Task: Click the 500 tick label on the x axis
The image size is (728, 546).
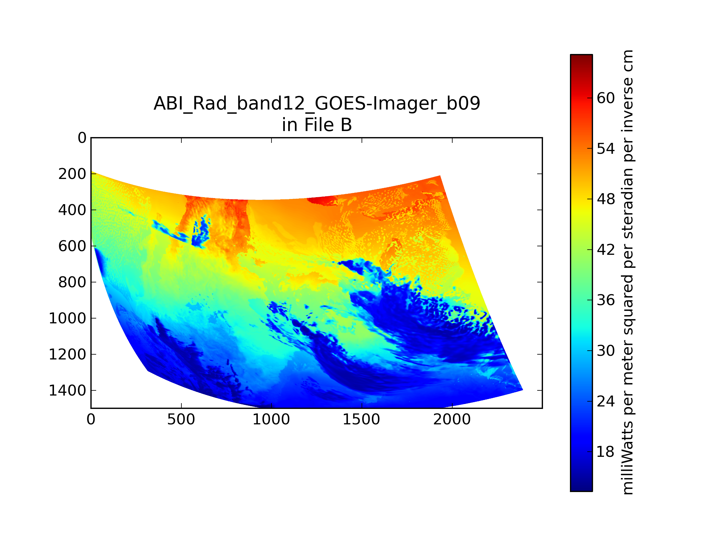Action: (181, 420)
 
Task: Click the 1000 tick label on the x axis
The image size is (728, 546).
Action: (271, 420)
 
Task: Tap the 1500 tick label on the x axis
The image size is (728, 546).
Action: (361, 420)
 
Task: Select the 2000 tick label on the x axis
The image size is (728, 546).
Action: (452, 420)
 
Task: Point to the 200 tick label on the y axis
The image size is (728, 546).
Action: (72, 174)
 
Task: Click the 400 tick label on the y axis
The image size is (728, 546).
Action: (72, 210)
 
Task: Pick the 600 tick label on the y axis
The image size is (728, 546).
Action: (72, 246)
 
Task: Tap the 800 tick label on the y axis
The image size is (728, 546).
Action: (72, 282)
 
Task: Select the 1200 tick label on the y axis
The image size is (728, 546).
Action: (68, 355)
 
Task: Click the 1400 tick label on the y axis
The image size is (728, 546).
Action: (68, 391)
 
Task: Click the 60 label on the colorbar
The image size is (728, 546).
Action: (605, 98)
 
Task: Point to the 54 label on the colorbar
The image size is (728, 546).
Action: (605, 149)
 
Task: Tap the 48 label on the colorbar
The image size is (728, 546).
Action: (605, 199)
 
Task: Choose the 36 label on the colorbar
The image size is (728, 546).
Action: (605, 300)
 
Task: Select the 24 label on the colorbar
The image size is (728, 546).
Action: (605, 401)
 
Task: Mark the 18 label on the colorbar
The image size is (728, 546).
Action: (605, 452)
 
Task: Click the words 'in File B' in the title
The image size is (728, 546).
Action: (317, 125)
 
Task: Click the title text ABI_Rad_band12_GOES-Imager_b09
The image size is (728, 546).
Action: (317, 103)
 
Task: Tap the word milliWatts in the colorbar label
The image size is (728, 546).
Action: (628, 457)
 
